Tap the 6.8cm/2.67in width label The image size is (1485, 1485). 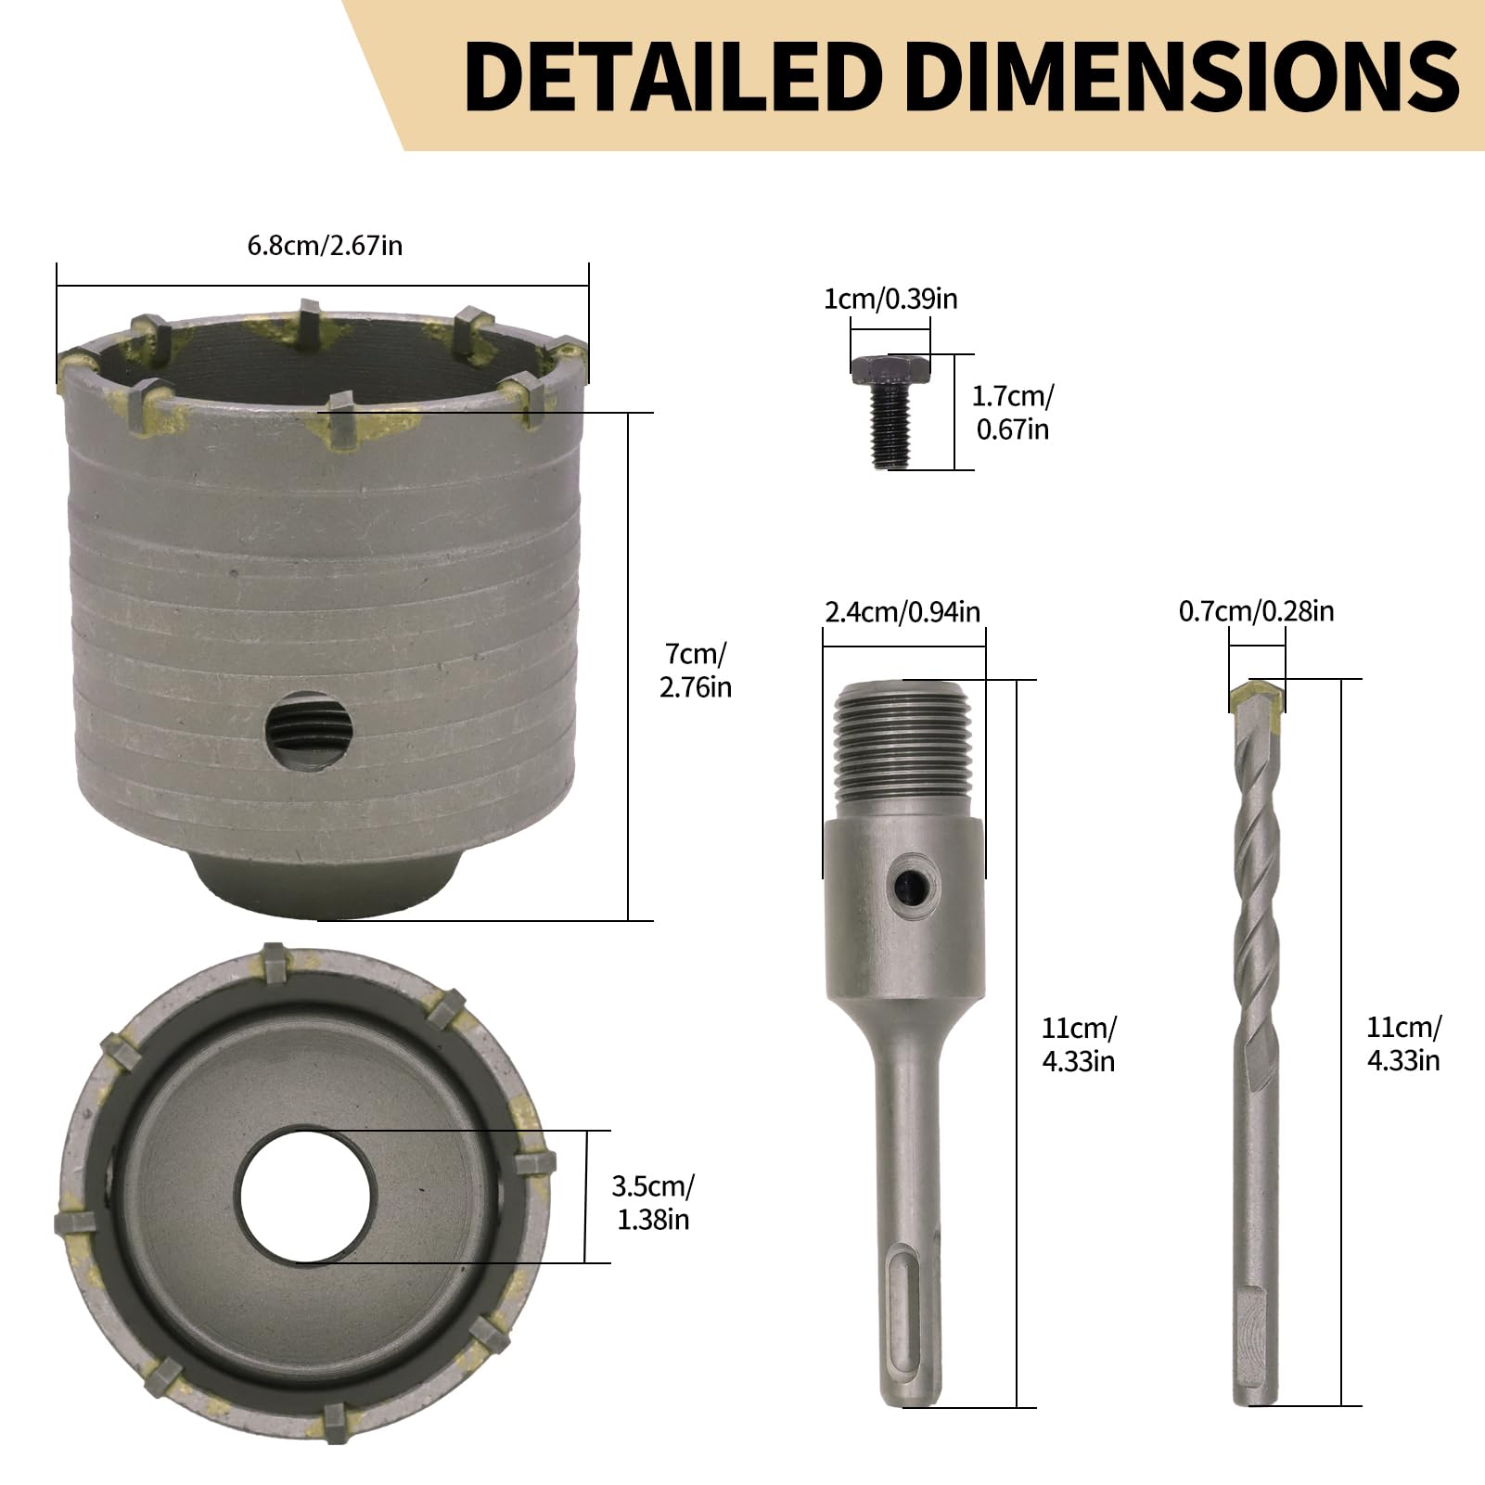(325, 246)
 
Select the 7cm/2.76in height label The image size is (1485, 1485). (696, 671)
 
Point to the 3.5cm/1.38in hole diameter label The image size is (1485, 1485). (653, 1202)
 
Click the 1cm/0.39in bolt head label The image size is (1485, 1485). (890, 299)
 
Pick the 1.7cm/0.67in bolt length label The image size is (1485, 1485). (1012, 413)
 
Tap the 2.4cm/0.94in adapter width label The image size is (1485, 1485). (903, 611)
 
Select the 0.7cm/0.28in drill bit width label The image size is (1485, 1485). (1256, 611)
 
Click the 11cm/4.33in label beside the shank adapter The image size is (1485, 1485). (1079, 1044)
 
